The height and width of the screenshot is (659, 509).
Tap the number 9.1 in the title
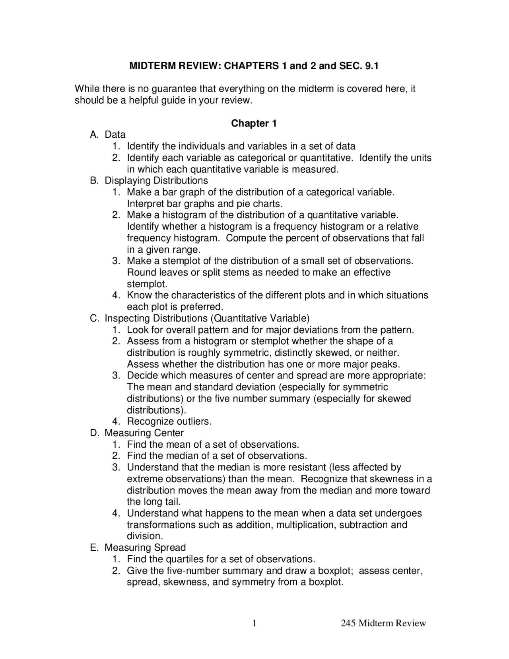click(x=371, y=66)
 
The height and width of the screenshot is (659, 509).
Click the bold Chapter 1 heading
click(x=254, y=123)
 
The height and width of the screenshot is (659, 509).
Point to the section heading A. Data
click(x=108, y=135)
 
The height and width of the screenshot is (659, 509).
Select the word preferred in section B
click(x=202, y=307)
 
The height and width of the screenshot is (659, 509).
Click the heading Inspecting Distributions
click(x=157, y=318)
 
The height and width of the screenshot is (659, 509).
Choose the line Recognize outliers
click(x=169, y=421)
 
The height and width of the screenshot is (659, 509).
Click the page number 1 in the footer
click(x=254, y=623)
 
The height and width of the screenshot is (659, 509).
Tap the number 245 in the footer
click(x=348, y=623)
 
